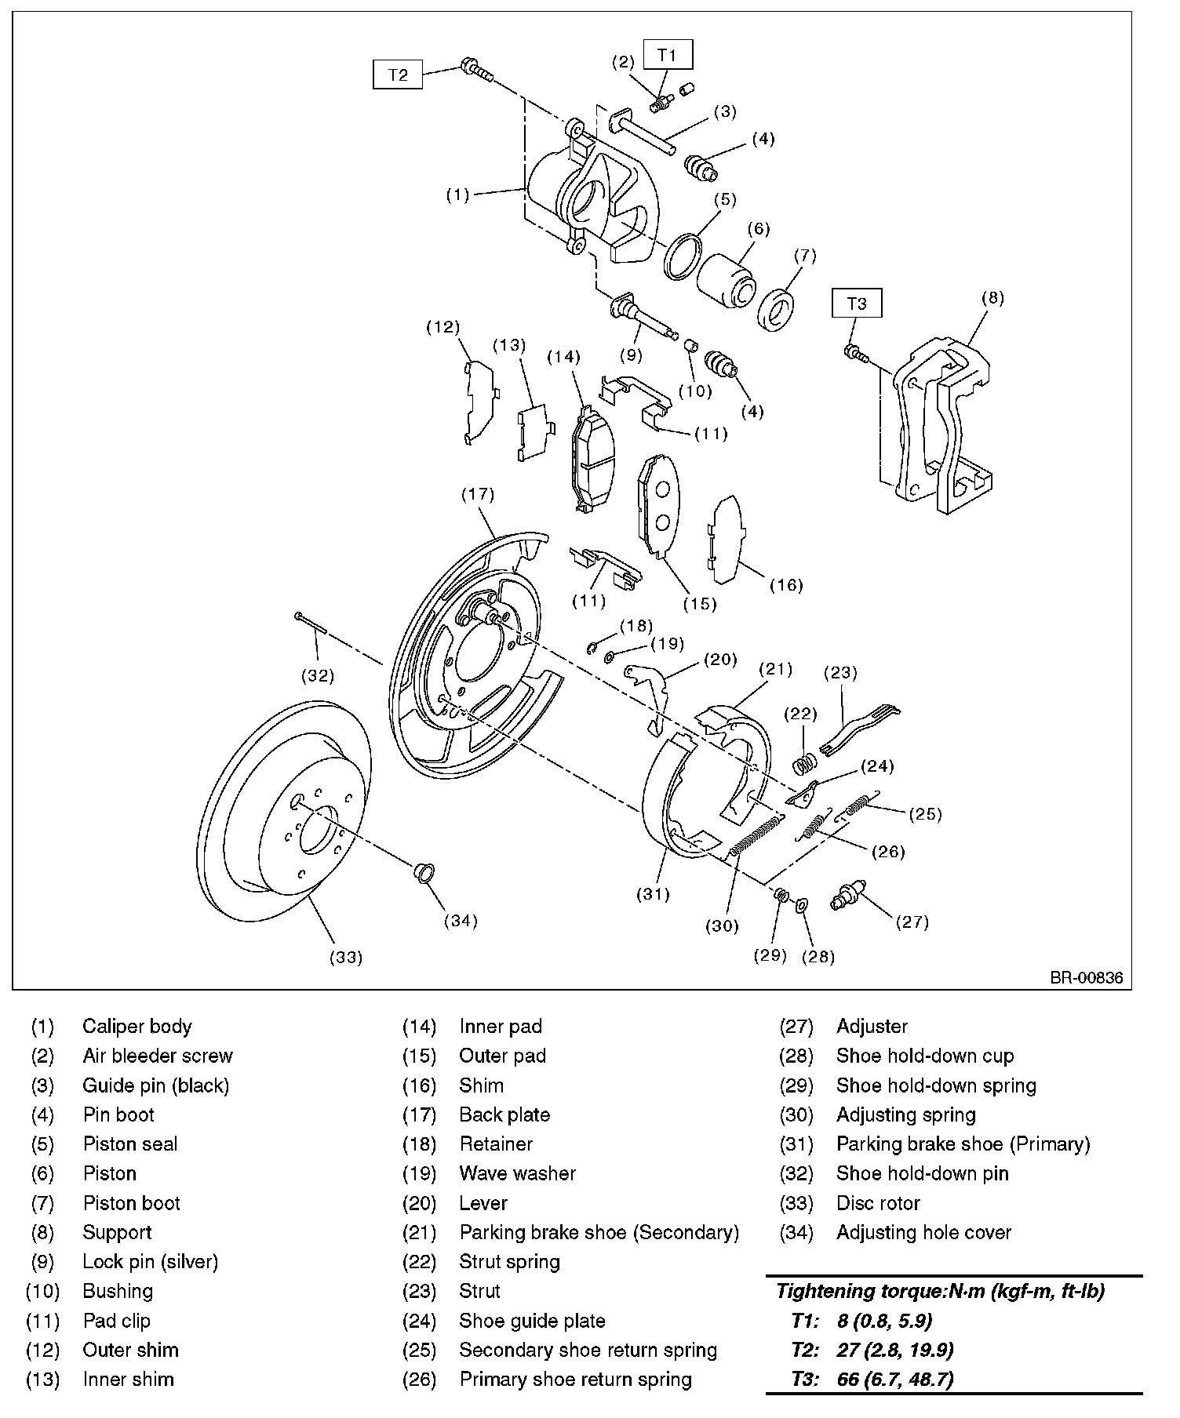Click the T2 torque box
[398, 75]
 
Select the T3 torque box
[857, 303]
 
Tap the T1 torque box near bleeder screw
[667, 55]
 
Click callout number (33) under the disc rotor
[346, 957]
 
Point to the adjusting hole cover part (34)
[424, 871]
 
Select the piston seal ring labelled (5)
[681, 256]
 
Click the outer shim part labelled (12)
[477, 399]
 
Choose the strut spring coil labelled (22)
[802, 762]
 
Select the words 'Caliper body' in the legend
[137, 1027]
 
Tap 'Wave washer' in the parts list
[517, 1173]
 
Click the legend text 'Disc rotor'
[878, 1203]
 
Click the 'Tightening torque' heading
[939, 1291]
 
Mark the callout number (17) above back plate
[478, 494]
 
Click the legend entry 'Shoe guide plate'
[532, 1321]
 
